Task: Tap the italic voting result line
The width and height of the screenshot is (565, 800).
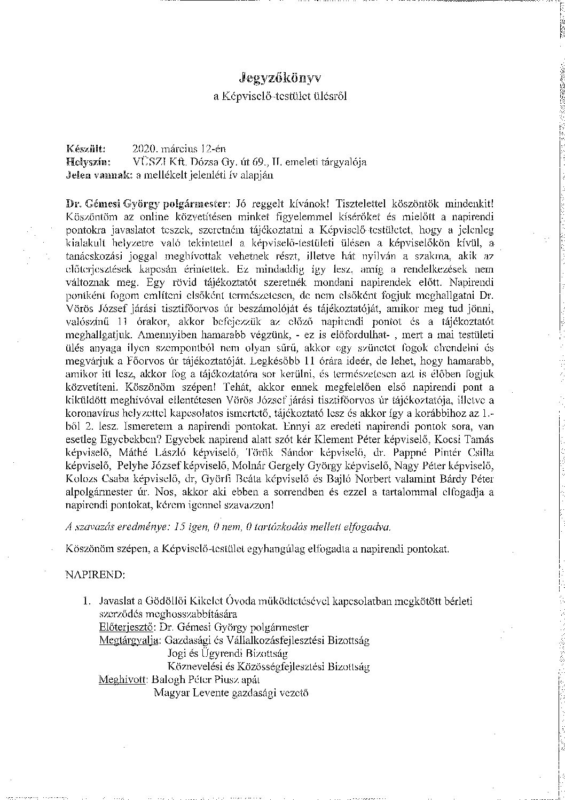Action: pos(227,527)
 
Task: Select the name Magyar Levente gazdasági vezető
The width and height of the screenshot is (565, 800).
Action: pos(231,693)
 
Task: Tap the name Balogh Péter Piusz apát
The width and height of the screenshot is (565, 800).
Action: pos(206,680)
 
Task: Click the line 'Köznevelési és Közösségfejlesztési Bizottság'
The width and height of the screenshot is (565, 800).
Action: pos(269,666)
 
